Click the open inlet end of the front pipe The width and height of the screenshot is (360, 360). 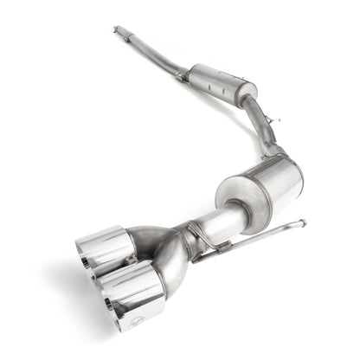115,30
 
